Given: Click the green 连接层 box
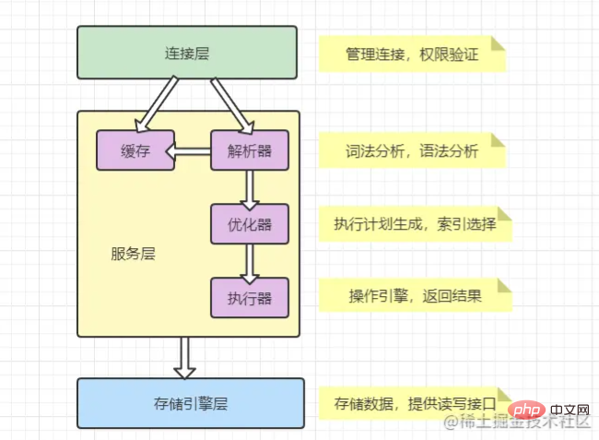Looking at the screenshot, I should [x=187, y=53].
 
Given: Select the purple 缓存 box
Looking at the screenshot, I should [x=135, y=150].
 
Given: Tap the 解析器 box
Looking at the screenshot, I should [x=249, y=150].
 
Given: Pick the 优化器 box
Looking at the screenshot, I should [x=249, y=224].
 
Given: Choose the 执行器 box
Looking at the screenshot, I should [x=249, y=297].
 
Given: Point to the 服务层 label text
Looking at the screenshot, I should [x=130, y=252].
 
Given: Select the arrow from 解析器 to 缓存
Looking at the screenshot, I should [x=194, y=151].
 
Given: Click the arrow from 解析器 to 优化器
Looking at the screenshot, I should [x=249, y=187].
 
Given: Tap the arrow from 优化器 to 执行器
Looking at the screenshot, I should [x=249, y=261].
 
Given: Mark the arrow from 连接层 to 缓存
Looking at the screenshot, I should [x=156, y=103].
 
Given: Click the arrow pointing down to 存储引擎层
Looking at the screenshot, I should [x=185, y=357].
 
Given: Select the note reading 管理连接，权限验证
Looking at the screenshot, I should [x=413, y=54].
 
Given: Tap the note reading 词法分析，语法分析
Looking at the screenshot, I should [x=413, y=151].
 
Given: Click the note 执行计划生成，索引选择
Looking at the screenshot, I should [x=414, y=224].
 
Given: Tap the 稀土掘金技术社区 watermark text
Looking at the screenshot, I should [x=517, y=425].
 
